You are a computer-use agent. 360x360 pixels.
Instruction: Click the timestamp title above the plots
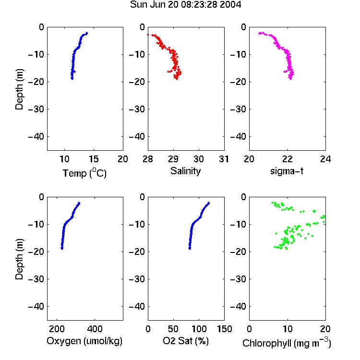185,5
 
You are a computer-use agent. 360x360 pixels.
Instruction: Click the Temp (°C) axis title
84,173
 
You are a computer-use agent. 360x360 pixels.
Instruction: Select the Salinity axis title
185,171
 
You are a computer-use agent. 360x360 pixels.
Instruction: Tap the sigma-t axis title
287,171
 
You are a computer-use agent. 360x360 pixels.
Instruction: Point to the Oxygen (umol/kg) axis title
84,341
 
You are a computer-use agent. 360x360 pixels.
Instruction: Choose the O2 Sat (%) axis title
185,341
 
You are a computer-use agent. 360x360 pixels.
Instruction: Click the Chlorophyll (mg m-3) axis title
287,343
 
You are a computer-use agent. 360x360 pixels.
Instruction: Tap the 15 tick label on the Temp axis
94,159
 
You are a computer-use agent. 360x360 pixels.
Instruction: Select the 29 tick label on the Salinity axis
173,159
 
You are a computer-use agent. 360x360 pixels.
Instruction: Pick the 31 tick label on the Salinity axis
224,159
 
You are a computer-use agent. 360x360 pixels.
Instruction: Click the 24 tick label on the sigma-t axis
325,159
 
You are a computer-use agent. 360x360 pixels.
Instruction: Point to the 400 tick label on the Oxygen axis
95,329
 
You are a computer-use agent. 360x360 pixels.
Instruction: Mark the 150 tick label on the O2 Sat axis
224,329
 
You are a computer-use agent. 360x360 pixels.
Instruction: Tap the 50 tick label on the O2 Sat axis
173,329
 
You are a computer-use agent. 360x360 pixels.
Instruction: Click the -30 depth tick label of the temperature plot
36,109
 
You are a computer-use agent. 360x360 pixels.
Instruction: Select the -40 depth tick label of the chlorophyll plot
238,306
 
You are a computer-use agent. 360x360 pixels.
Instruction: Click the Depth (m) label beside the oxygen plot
19,259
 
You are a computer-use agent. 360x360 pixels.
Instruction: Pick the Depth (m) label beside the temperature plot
19,89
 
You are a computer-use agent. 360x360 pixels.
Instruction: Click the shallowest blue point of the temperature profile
86,33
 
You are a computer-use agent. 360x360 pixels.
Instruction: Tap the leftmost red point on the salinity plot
148,35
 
